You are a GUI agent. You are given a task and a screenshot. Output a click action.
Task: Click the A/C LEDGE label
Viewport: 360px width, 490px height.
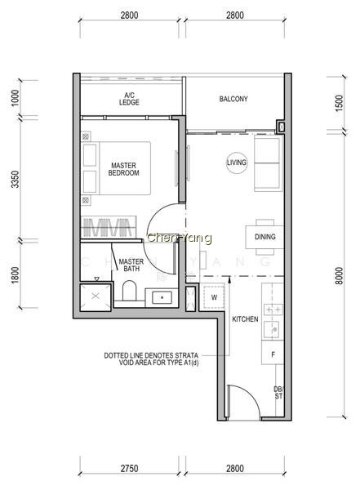pyautogui.click(x=129, y=99)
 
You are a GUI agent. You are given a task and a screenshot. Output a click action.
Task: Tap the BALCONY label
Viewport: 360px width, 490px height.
pyautogui.click(x=233, y=99)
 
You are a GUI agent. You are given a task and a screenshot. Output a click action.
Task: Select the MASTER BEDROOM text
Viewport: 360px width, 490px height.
pyautogui.click(x=124, y=169)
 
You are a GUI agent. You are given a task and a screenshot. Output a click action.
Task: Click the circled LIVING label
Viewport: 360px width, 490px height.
pyautogui.click(x=237, y=163)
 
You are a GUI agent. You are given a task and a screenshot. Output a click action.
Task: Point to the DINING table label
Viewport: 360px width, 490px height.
pyautogui.click(x=265, y=237)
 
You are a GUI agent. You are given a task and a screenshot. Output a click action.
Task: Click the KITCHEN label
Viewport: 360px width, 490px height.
pyautogui.click(x=245, y=319)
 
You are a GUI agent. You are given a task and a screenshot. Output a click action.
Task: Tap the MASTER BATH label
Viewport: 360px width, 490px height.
pyautogui.click(x=131, y=265)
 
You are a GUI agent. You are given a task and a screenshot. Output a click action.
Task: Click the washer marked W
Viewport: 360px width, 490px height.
pyautogui.click(x=214, y=297)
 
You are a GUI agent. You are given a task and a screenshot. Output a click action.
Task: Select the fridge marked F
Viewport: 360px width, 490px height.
pyautogui.click(x=273, y=354)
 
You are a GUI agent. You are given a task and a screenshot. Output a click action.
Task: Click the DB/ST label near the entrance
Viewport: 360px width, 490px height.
pyautogui.click(x=278, y=393)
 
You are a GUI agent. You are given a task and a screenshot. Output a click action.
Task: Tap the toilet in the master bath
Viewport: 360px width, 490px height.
pyautogui.click(x=129, y=291)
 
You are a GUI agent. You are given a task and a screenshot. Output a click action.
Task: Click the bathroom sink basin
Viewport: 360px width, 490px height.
pyautogui.click(x=162, y=297)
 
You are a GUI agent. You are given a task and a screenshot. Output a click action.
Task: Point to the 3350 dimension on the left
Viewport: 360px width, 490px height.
pyautogui.click(x=15, y=180)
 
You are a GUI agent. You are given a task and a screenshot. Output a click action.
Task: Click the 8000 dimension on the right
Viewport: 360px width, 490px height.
pyautogui.click(x=339, y=276)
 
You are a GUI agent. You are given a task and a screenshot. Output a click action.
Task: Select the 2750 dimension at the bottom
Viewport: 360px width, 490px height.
pyautogui.click(x=129, y=469)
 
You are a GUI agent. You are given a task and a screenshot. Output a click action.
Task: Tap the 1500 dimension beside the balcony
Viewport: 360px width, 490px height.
pyautogui.click(x=339, y=103)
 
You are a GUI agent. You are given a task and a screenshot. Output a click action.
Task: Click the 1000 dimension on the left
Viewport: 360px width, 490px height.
pyautogui.click(x=15, y=98)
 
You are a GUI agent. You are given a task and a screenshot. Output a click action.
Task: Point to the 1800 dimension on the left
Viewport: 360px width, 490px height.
pyautogui.click(x=15, y=275)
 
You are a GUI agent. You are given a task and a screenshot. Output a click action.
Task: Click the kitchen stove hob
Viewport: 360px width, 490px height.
pyautogui.click(x=273, y=310)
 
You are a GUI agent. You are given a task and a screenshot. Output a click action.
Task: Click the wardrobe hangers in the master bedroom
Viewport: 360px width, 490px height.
pyautogui.click(x=109, y=227)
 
